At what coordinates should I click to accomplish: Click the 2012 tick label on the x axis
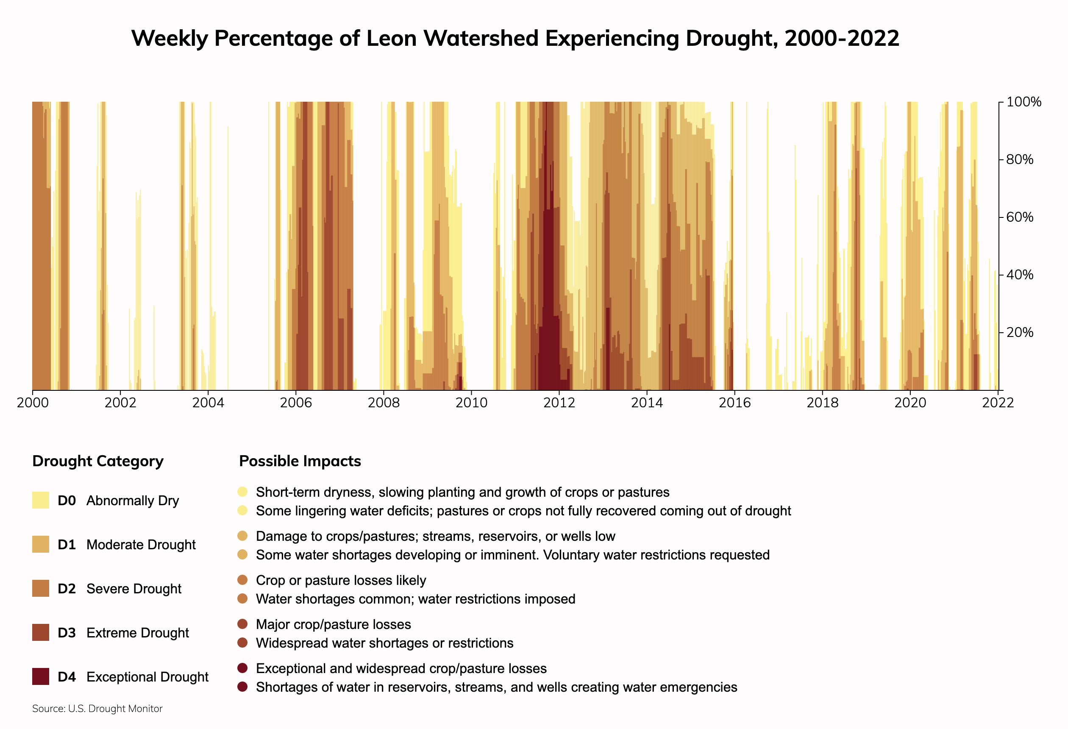coord(559,403)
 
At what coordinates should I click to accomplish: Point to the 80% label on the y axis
coord(1019,159)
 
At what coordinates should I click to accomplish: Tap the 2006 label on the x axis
coord(295,403)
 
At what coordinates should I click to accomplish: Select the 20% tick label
coord(1019,332)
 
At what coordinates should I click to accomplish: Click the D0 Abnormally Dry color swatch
coord(40,500)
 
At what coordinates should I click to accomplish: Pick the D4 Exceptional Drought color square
coord(40,676)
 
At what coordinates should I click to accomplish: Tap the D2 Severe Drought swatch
coord(40,588)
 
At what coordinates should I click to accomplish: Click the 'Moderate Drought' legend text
coord(141,545)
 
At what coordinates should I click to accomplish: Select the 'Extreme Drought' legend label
coord(137,633)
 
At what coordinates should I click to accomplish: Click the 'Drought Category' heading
coord(98,461)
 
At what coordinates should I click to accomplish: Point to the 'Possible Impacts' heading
coord(300,461)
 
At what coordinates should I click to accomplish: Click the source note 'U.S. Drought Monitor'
coord(115,709)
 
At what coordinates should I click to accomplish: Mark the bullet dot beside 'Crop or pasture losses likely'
coord(243,580)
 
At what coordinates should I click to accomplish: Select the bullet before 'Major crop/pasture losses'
coord(243,624)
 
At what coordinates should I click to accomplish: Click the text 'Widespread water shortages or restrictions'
coord(385,643)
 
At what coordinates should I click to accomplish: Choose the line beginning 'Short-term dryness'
coord(462,492)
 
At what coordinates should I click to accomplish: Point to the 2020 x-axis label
coord(910,403)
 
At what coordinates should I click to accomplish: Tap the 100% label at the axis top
coord(1023,102)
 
